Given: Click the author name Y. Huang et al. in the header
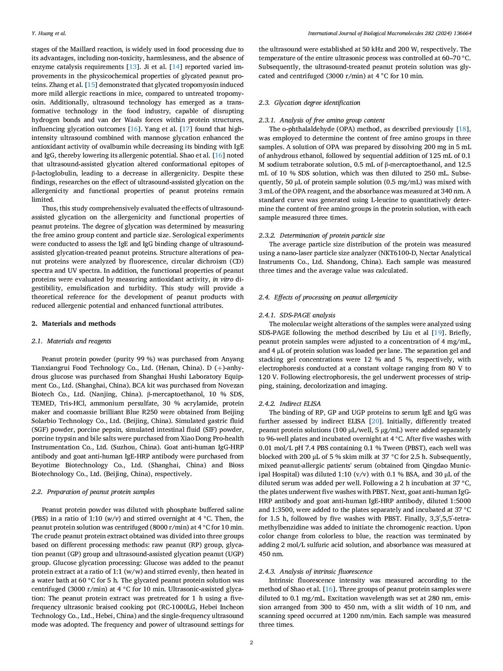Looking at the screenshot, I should coord(49,33).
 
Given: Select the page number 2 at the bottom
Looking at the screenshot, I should coord(251,642).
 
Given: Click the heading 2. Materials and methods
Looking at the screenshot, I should coord(74,324).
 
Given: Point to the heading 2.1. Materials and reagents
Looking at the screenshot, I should coord(71,341).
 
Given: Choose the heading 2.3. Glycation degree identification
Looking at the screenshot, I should coord(309,103).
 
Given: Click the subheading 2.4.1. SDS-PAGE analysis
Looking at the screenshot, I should coord(297,315).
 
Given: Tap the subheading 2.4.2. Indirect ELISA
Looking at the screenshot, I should coord(290,403).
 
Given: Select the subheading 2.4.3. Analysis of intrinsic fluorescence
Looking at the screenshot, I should coord(316,572).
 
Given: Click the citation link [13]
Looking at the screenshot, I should coord(132,67).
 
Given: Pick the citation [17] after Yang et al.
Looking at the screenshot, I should coord(186,129).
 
